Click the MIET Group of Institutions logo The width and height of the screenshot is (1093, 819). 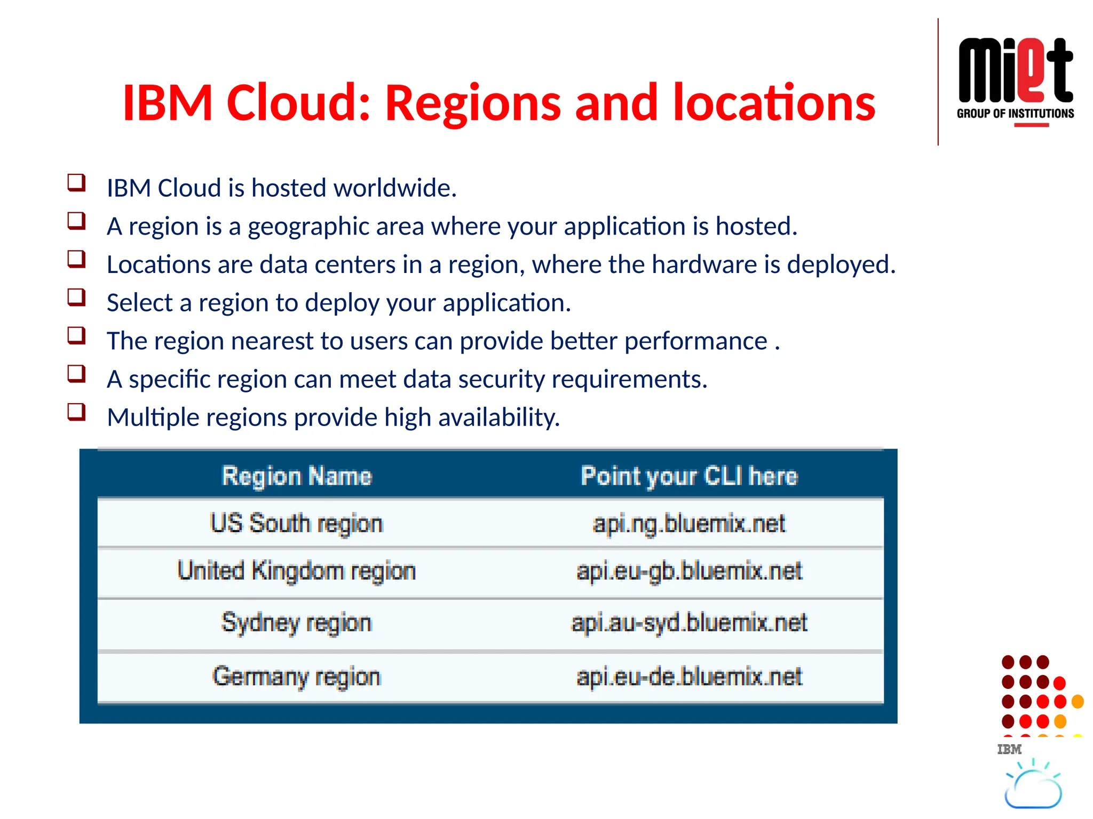[1015, 80]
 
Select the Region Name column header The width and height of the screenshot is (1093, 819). [297, 476]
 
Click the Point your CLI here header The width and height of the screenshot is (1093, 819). [689, 476]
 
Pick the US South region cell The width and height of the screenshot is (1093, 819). [297, 523]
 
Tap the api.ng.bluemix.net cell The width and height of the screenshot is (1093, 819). [689, 523]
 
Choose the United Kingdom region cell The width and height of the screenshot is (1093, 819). [297, 571]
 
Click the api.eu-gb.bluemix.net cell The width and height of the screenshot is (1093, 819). [689, 571]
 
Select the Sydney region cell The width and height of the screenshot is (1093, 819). [297, 623]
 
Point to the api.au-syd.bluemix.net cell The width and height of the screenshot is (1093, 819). [689, 623]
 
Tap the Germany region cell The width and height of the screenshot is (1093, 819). [297, 677]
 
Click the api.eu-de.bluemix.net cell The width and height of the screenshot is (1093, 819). [689, 677]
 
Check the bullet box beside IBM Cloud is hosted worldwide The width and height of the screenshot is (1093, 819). [76, 182]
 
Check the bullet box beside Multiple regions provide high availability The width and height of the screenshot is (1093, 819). [76, 412]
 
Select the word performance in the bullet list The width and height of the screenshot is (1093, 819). [695, 341]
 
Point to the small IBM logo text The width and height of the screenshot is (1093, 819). [1009, 750]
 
